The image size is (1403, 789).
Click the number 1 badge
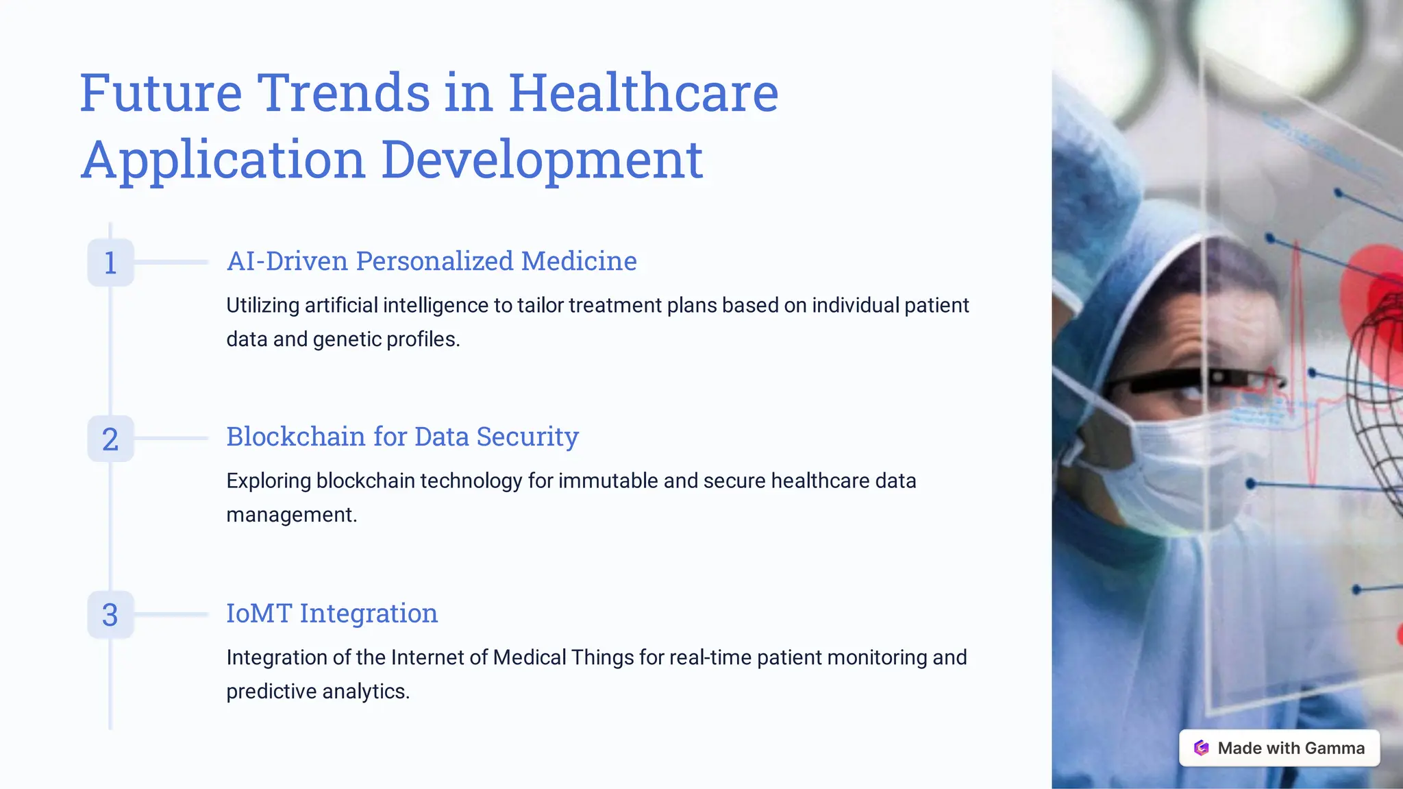(110, 263)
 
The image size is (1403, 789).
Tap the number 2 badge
(110, 439)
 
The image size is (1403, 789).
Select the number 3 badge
(110, 615)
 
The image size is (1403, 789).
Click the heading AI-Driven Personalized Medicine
(432, 261)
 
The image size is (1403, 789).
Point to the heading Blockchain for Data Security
(402, 437)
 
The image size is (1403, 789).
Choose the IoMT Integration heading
(332, 613)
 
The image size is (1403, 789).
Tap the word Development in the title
(541, 159)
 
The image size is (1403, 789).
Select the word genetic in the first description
(347, 339)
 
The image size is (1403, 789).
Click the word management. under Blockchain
(292, 515)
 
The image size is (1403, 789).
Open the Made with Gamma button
(1278, 748)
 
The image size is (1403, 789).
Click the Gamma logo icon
(1201, 748)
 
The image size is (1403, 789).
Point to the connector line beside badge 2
(171, 439)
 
